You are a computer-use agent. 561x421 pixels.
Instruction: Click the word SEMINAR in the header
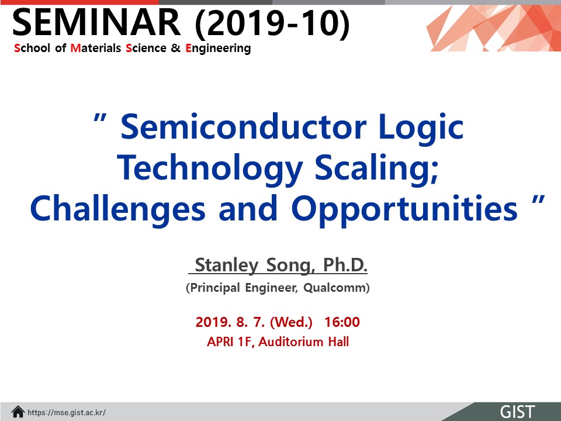pyautogui.click(x=96, y=22)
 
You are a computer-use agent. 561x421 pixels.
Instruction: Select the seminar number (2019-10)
pyautogui.click(x=272, y=23)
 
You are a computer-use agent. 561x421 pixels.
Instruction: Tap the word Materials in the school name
pyautogui.click(x=96, y=48)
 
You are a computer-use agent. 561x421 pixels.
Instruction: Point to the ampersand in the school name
pyautogui.click(x=176, y=48)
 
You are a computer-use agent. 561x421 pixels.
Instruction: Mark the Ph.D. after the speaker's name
pyautogui.click(x=345, y=265)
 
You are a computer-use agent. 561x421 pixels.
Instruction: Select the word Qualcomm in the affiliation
pyautogui.click(x=337, y=288)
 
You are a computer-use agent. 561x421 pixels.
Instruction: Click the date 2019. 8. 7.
pyautogui.click(x=230, y=322)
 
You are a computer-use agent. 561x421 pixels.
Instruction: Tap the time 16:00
pyautogui.click(x=342, y=322)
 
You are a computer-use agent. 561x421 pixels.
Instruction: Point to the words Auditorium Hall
pyautogui.click(x=304, y=342)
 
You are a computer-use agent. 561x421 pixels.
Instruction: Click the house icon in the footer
pyautogui.click(x=18, y=412)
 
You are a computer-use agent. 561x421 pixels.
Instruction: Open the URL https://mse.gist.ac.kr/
pyautogui.click(x=67, y=412)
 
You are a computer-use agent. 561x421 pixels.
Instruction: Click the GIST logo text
pyautogui.click(x=517, y=412)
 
